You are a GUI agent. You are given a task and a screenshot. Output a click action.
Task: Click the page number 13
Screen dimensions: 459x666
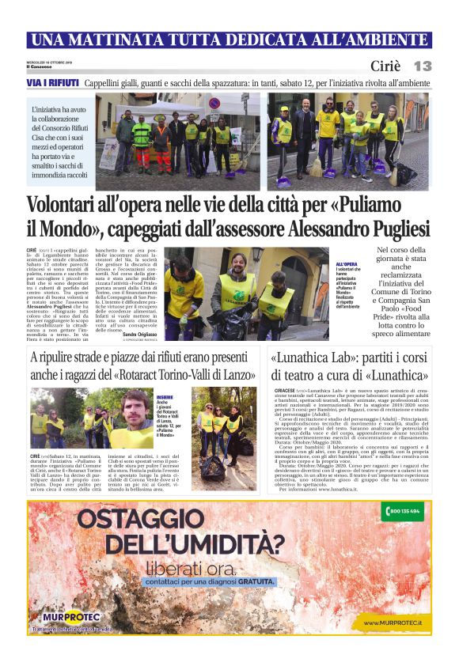(422, 66)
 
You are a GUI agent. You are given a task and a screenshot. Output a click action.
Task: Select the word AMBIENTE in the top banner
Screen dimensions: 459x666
(386, 40)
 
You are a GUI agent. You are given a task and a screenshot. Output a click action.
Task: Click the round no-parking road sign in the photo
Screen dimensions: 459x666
(213, 103)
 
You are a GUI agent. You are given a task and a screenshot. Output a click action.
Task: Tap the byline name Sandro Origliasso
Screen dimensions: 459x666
(139, 335)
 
